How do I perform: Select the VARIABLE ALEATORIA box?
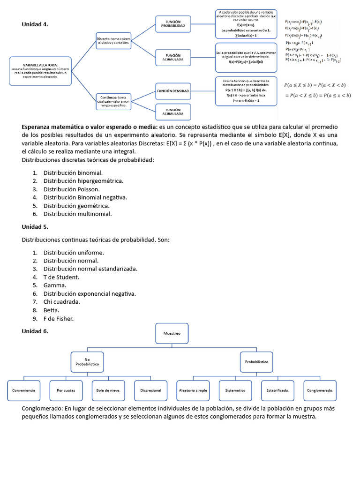point(41,71)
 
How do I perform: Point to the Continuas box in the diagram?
point(113,101)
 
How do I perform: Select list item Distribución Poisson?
point(71,189)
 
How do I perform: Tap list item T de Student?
point(61,277)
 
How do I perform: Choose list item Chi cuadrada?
point(62,302)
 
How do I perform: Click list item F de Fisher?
point(59,319)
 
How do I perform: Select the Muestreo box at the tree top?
point(172,333)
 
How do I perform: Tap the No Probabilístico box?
point(88,362)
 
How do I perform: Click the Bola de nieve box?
point(108,390)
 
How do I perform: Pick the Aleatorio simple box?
point(193,390)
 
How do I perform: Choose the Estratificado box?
point(278,390)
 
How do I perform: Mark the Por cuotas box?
point(66,390)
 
